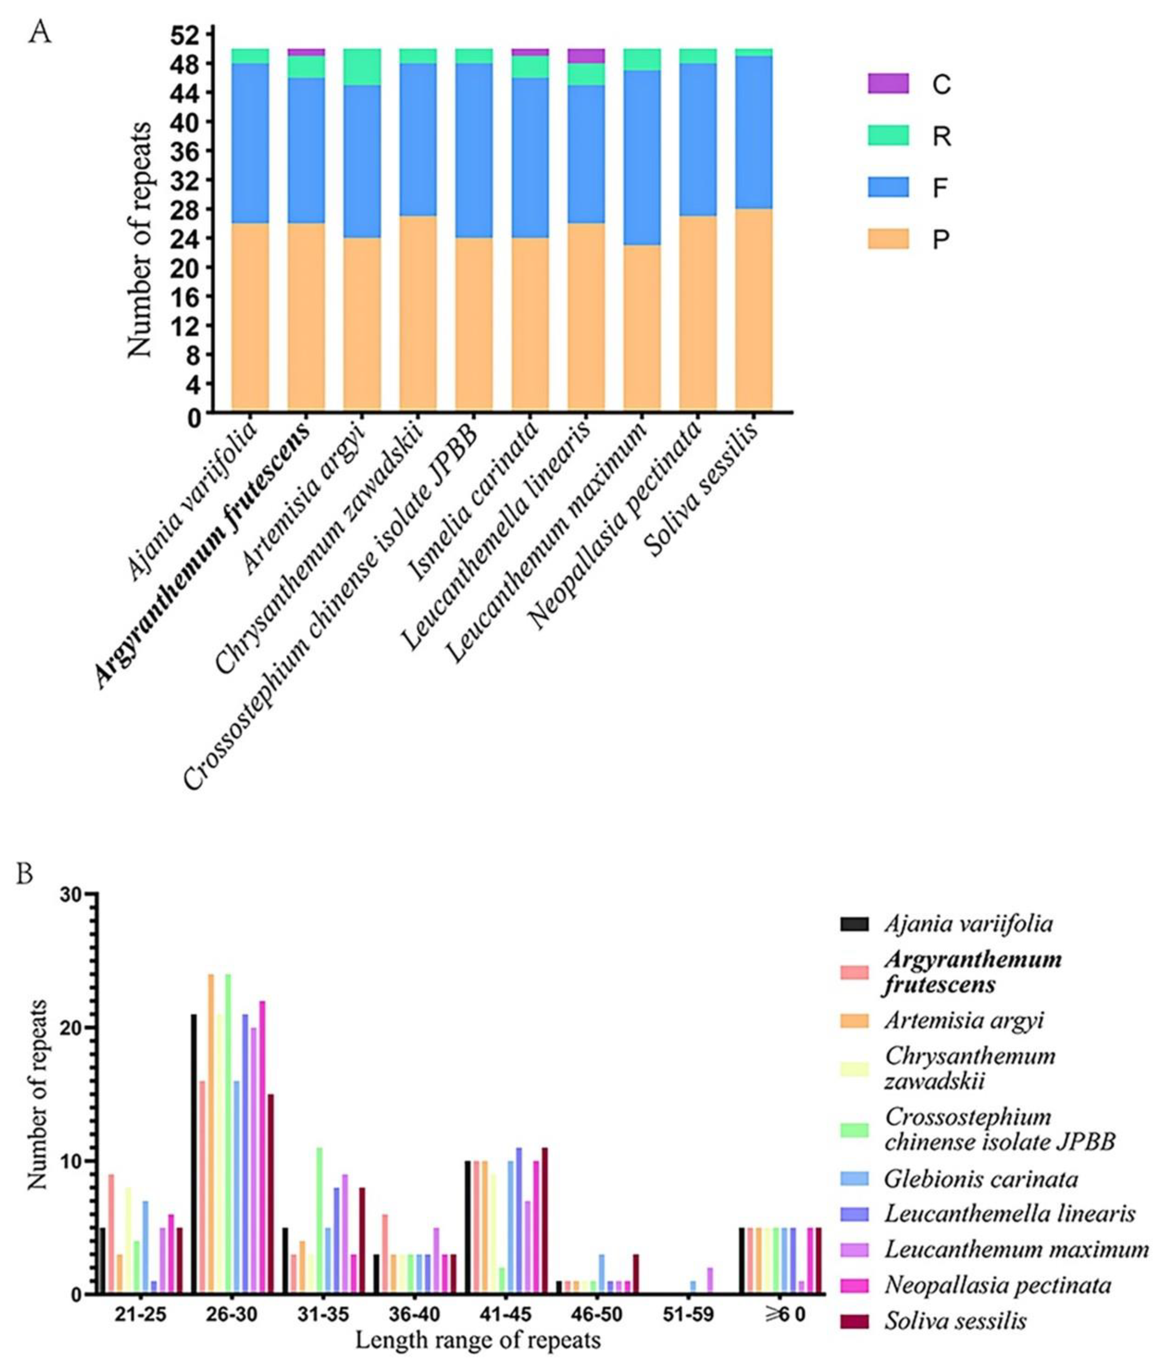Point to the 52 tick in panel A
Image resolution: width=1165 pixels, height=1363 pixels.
(x=190, y=34)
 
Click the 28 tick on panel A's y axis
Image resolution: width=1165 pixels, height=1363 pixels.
(x=190, y=209)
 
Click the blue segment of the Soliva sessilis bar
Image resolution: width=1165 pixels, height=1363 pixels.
(x=753, y=132)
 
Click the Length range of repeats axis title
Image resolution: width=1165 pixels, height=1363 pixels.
(x=478, y=1340)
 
